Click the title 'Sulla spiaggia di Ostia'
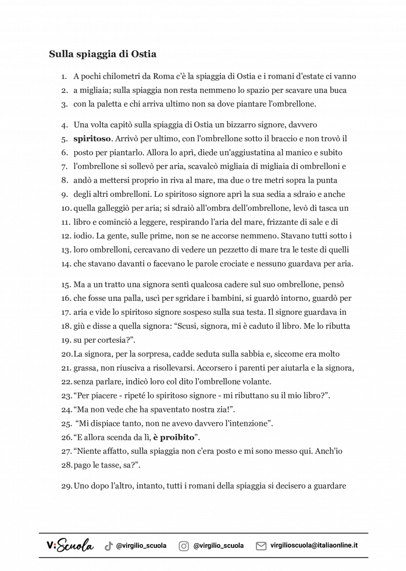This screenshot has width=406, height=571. [x=102, y=54]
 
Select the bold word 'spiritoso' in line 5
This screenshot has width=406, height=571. [x=92, y=139]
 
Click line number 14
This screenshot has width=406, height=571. [x=65, y=264]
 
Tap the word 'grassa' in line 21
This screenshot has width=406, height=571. [x=86, y=368]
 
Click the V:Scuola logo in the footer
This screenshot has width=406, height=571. [x=69, y=545]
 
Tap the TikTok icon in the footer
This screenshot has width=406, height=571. [x=108, y=546]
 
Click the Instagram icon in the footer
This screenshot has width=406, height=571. [x=183, y=546]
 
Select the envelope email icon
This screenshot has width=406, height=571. [x=261, y=546]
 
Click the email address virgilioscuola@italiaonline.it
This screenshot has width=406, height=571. [x=314, y=546]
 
